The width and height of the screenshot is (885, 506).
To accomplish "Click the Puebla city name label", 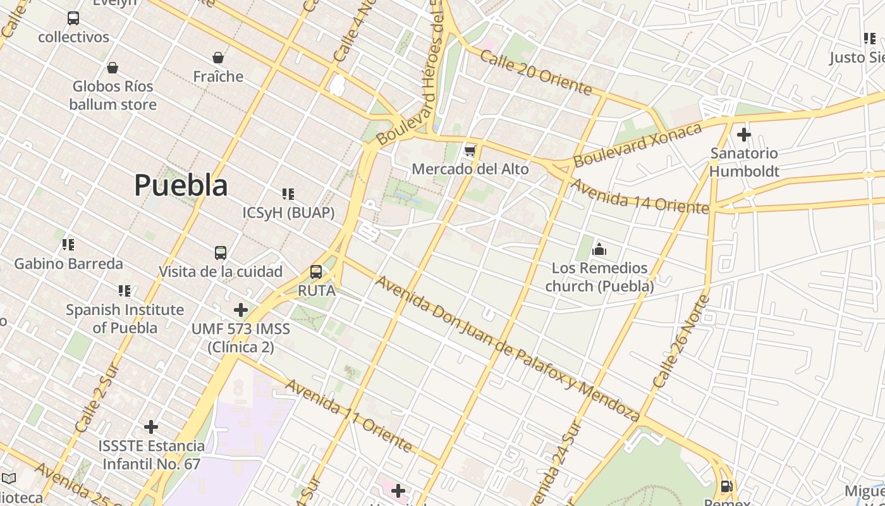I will pyautogui.click(x=181, y=185).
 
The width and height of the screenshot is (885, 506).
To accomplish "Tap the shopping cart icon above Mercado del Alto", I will pyautogui.click(x=470, y=151).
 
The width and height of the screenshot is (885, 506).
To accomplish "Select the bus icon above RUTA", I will pyautogui.click(x=316, y=273).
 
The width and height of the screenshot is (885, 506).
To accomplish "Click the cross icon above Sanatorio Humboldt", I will pyautogui.click(x=744, y=134).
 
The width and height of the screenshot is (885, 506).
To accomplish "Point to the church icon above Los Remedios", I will pyautogui.click(x=599, y=249).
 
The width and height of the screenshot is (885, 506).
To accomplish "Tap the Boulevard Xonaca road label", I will pyautogui.click(x=637, y=145).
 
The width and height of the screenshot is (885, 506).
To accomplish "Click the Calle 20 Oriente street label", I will pyautogui.click(x=535, y=73).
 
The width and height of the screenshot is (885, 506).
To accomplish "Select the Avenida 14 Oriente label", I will pyautogui.click(x=639, y=197).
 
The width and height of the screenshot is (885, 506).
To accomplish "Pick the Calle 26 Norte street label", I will pyautogui.click(x=681, y=342).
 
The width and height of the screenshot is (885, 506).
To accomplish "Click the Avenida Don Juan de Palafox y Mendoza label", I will pyautogui.click(x=508, y=349).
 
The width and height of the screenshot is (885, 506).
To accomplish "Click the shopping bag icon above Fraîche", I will pyautogui.click(x=218, y=58).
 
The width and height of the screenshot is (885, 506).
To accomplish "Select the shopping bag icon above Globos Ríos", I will pyautogui.click(x=113, y=68).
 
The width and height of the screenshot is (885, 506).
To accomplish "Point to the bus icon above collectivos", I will pyautogui.click(x=73, y=18).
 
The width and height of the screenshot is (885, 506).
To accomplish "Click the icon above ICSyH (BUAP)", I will pyautogui.click(x=288, y=194).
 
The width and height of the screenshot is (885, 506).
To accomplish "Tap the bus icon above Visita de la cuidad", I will pyautogui.click(x=220, y=253).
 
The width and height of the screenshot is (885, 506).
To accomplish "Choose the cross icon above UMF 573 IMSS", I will pyautogui.click(x=241, y=310).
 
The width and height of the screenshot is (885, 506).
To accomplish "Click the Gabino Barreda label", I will pyautogui.click(x=68, y=264).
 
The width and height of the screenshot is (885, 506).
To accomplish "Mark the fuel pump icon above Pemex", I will pyautogui.click(x=727, y=486).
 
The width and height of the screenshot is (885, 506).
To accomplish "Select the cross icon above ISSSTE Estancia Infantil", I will pyautogui.click(x=151, y=427).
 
